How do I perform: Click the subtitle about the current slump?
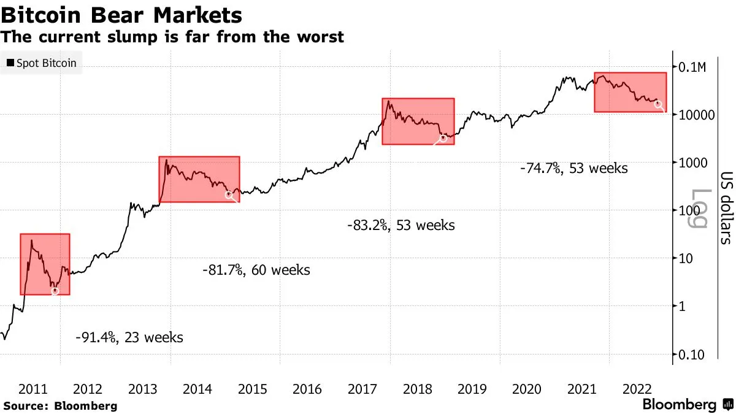pos(172,37)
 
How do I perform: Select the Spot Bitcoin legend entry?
pos(42,63)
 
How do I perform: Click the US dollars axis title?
pos(724,207)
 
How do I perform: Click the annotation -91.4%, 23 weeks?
pos(129,337)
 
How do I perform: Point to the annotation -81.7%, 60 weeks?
pos(256,270)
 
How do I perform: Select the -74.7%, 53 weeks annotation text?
pos(573,168)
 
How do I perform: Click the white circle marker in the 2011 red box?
pos(55,291)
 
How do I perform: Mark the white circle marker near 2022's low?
pos(659,104)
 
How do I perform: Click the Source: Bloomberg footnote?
pos(59,405)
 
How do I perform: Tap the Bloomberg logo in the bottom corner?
pos(687,405)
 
